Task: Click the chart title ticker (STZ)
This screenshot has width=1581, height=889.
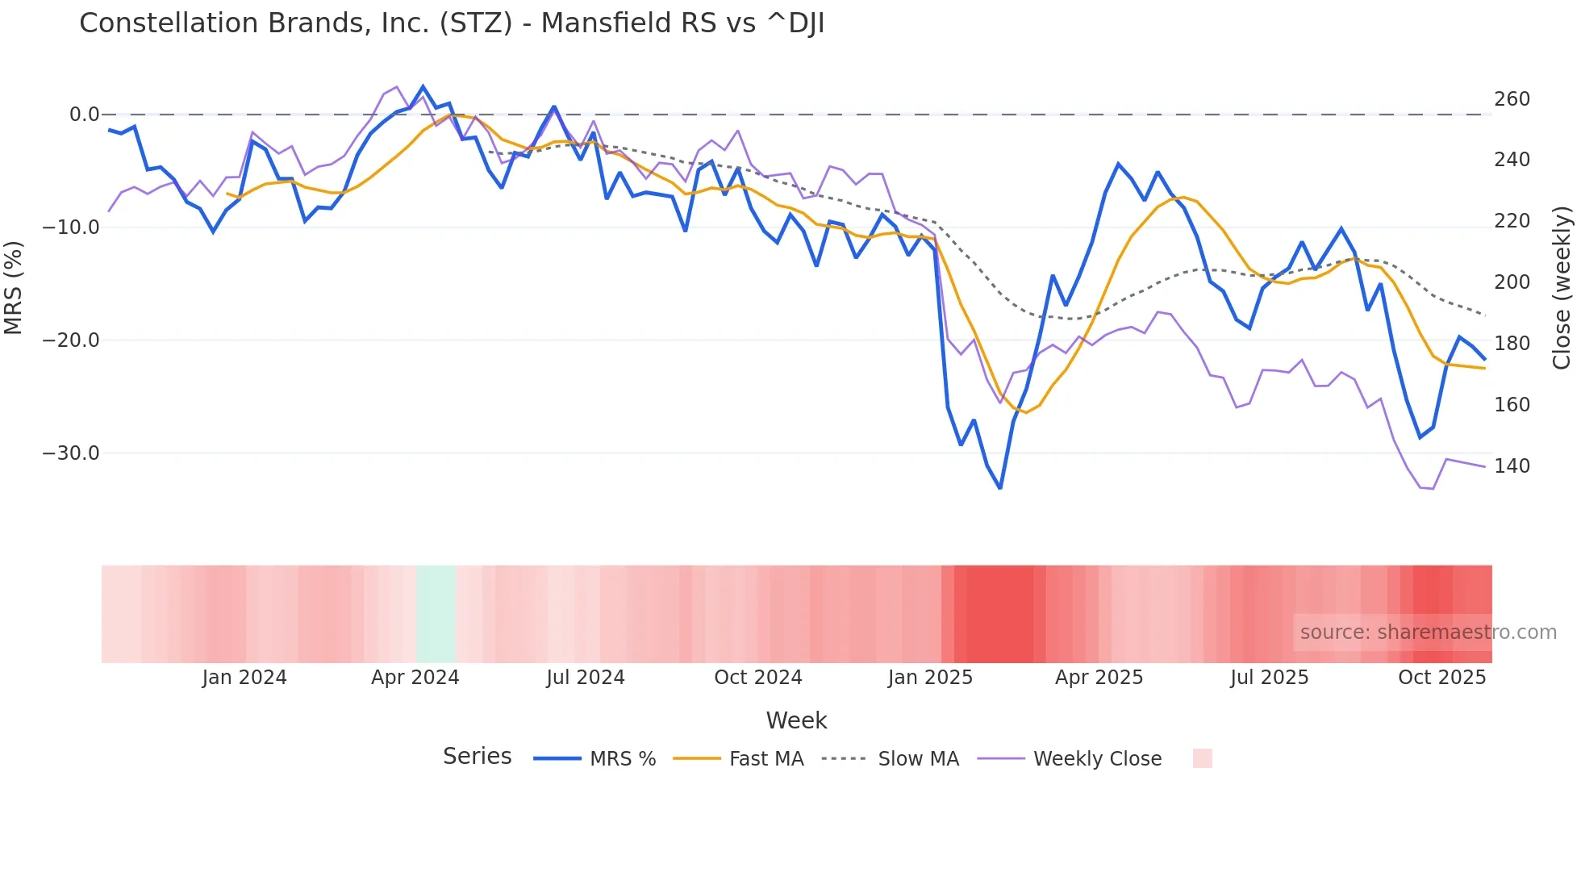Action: click(475, 23)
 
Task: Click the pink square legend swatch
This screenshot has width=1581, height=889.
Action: click(1202, 758)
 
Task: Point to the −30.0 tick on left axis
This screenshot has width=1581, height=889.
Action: click(71, 453)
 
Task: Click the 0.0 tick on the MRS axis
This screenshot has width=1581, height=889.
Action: click(84, 115)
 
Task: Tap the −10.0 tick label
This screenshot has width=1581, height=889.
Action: click(71, 227)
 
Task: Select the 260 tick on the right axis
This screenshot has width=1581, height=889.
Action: click(1512, 99)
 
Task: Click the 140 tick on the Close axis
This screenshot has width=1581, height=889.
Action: click(1512, 466)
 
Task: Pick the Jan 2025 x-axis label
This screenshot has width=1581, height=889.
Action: click(930, 678)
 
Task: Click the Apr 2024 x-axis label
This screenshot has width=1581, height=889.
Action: click(415, 678)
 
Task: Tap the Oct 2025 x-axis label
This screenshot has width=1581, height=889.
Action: click(1441, 678)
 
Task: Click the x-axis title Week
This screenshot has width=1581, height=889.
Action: click(796, 720)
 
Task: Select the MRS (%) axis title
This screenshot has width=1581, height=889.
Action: click(13, 287)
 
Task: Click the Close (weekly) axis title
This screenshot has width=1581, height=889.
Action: click(1562, 287)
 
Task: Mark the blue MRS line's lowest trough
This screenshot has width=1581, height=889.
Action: click(1000, 488)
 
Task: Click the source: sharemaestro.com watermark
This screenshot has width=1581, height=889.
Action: click(1428, 632)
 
